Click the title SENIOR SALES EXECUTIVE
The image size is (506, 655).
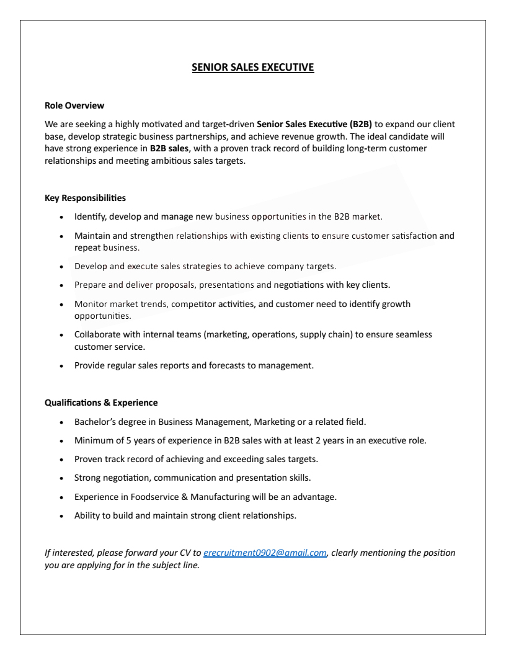tap(253, 67)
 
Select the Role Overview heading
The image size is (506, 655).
tap(74, 105)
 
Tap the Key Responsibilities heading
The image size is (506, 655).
tap(85, 198)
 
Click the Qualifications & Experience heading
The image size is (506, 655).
tap(101, 403)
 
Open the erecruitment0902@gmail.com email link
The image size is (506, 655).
tap(265, 553)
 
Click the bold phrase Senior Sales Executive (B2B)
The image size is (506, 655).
tap(314, 124)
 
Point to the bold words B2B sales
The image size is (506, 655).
tap(169, 148)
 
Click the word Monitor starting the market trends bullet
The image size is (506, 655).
tap(91, 304)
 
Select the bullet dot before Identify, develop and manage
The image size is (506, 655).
tap(61, 218)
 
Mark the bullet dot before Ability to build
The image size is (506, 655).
tap(61, 516)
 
